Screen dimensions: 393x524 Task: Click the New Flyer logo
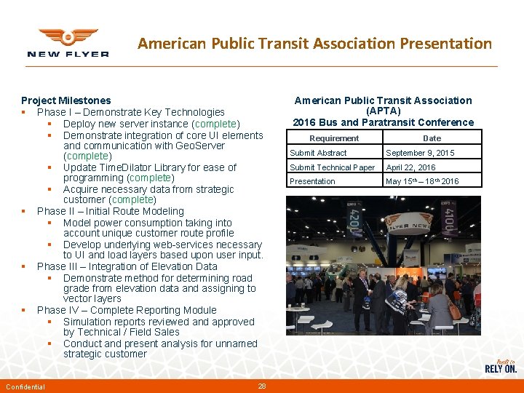pyautogui.click(x=68, y=43)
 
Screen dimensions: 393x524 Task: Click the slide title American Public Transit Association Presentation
pyautogui.click(x=314, y=44)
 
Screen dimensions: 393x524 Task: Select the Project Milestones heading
pyautogui.click(x=66, y=100)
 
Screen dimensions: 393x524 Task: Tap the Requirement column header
pyautogui.click(x=334, y=138)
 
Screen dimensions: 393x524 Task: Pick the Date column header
pyautogui.click(x=432, y=138)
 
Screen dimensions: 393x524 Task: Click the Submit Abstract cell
pyautogui.click(x=318, y=153)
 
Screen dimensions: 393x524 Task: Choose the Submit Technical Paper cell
pyautogui.click(x=332, y=167)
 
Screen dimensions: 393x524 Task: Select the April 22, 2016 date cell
pyautogui.click(x=410, y=167)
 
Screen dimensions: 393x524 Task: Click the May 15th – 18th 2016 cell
pyautogui.click(x=422, y=181)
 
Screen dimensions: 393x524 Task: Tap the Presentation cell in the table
pyautogui.click(x=312, y=181)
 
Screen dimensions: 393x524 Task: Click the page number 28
pyautogui.click(x=263, y=386)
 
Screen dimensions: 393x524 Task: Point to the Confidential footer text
pyautogui.click(x=25, y=386)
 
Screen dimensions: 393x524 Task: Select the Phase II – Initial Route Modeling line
pyautogui.click(x=110, y=211)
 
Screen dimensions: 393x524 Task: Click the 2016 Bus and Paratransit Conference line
pyautogui.click(x=383, y=122)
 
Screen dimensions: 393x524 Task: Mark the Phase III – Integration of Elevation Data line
pyautogui.click(x=127, y=266)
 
